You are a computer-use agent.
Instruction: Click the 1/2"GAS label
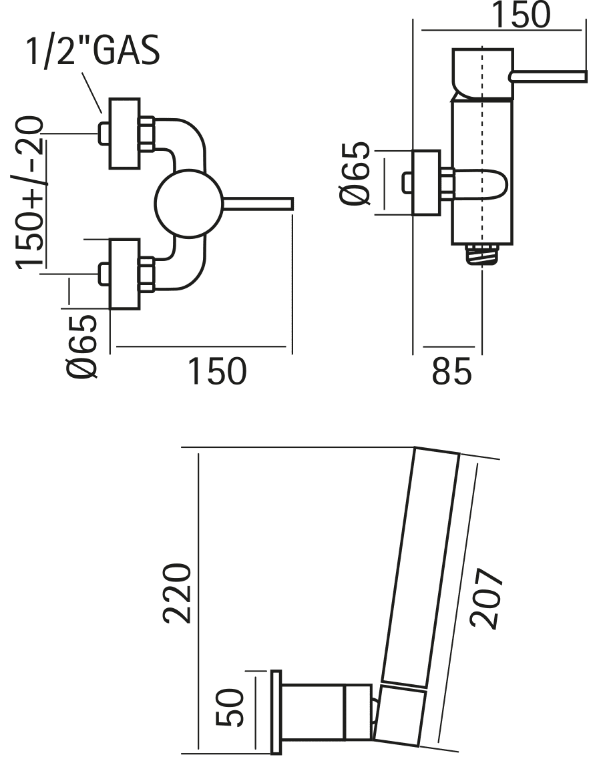click(93, 52)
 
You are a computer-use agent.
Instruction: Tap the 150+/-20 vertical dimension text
click(30, 192)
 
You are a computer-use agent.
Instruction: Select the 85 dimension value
click(452, 372)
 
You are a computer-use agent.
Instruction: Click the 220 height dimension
click(179, 592)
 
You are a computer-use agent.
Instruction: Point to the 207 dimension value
click(485, 599)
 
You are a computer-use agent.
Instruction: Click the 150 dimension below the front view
click(216, 372)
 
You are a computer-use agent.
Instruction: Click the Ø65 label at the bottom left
click(85, 347)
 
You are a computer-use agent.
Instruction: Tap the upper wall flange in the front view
click(125, 133)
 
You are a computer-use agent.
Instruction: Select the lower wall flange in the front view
click(125, 274)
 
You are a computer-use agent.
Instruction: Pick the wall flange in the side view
click(427, 183)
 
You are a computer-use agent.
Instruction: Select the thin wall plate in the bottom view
click(274, 711)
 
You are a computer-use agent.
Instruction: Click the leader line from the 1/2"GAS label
click(92, 91)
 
